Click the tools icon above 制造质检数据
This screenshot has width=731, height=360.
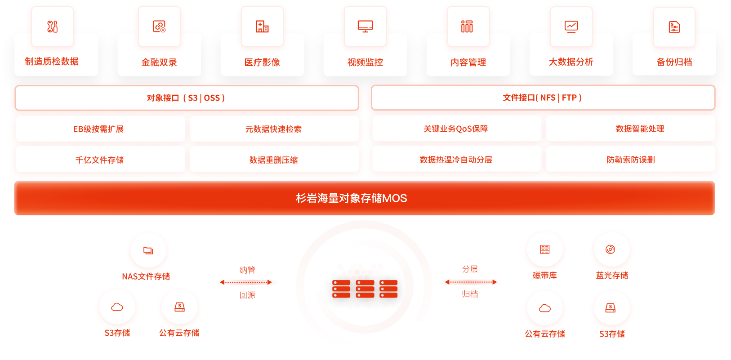pyautogui.click(x=52, y=27)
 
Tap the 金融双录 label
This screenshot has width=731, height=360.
pyautogui.click(x=159, y=62)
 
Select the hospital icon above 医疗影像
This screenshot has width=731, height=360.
pyautogui.click(x=262, y=27)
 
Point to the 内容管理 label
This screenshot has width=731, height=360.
pyautogui.click(x=468, y=62)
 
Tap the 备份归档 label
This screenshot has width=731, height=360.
pyautogui.click(x=674, y=62)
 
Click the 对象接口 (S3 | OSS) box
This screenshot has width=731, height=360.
pyautogui.click(x=187, y=98)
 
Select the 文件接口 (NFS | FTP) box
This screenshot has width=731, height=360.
pyautogui.click(x=543, y=98)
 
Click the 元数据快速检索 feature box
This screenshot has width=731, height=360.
pyautogui.click(x=274, y=129)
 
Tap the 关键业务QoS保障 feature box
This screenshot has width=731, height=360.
pyautogui.click(x=457, y=129)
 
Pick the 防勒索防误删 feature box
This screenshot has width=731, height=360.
pyautogui.click(x=630, y=160)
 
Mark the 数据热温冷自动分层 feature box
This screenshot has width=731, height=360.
pyautogui.click(x=457, y=160)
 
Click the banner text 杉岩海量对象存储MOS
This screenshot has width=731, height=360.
pyautogui.click(x=352, y=198)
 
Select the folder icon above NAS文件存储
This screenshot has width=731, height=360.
pyautogui.click(x=148, y=250)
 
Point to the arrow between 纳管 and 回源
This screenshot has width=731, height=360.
pyautogui.click(x=246, y=282)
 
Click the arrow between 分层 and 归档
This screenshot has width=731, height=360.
pyautogui.click(x=471, y=282)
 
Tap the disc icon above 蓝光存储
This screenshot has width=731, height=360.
pyautogui.click(x=610, y=249)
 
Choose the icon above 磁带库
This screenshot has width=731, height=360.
pyautogui.click(x=545, y=249)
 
